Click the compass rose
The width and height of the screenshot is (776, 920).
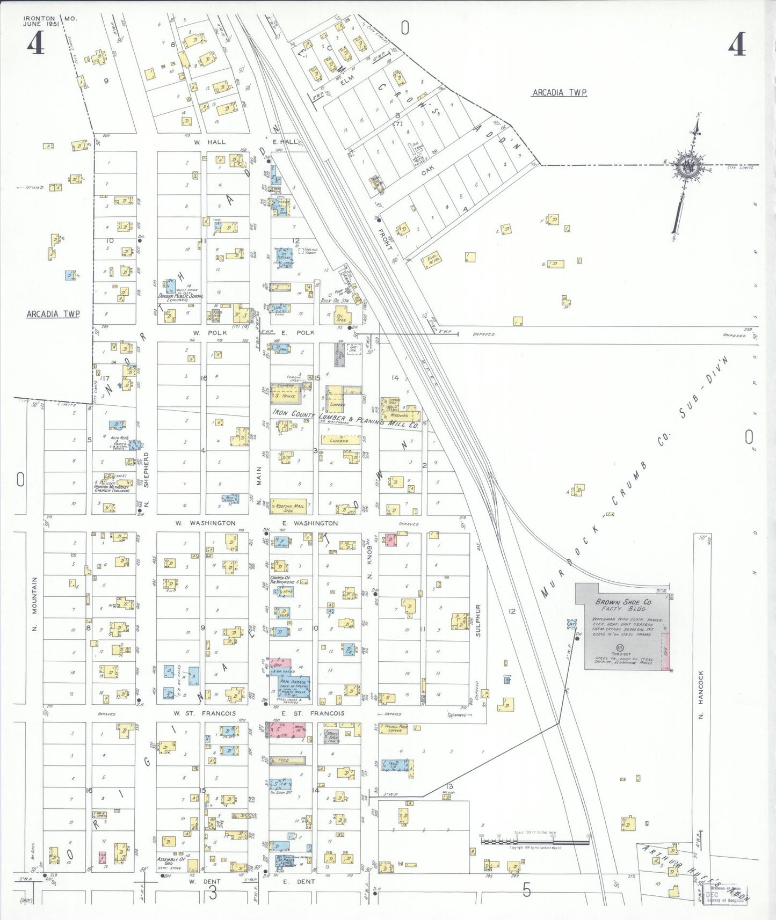[687, 167]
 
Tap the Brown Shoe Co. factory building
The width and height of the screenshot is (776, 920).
[623, 625]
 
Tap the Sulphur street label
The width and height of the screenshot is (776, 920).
[478, 620]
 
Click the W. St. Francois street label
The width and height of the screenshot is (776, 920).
[205, 713]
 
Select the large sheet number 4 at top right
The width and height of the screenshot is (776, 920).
[737, 44]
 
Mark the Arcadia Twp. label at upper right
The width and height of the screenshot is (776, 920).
[560, 93]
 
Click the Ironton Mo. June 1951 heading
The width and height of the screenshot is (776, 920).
[49, 21]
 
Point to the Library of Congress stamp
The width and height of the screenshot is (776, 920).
[724, 894]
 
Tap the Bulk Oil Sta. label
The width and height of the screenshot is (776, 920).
[335, 301]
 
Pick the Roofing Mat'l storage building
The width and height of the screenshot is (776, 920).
[289, 507]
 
